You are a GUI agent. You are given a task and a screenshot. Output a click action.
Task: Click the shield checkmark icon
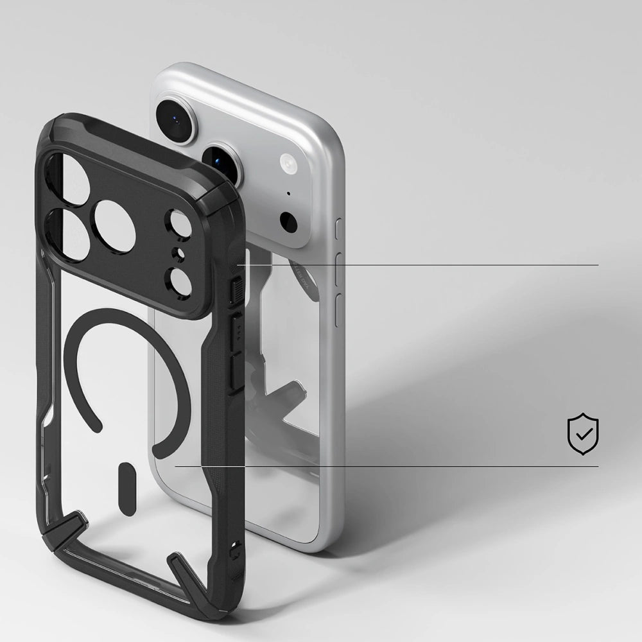pyautogui.click(x=583, y=435)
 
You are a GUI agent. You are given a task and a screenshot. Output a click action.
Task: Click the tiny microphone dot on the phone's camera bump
pyautogui.click(x=288, y=193)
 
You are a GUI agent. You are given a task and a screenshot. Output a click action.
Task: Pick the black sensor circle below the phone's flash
pyautogui.click(x=289, y=222)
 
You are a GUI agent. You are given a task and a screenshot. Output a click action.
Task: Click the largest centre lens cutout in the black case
pyautogui.click(x=116, y=226)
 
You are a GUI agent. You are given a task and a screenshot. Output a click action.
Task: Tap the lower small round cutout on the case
pyautogui.click(x=177, y=280)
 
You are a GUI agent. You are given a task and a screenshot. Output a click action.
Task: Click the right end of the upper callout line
pyautogui.click(x=598, y=265)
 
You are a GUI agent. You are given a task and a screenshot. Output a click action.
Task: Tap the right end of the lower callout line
pyautogui.click(x=598, y=467)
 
